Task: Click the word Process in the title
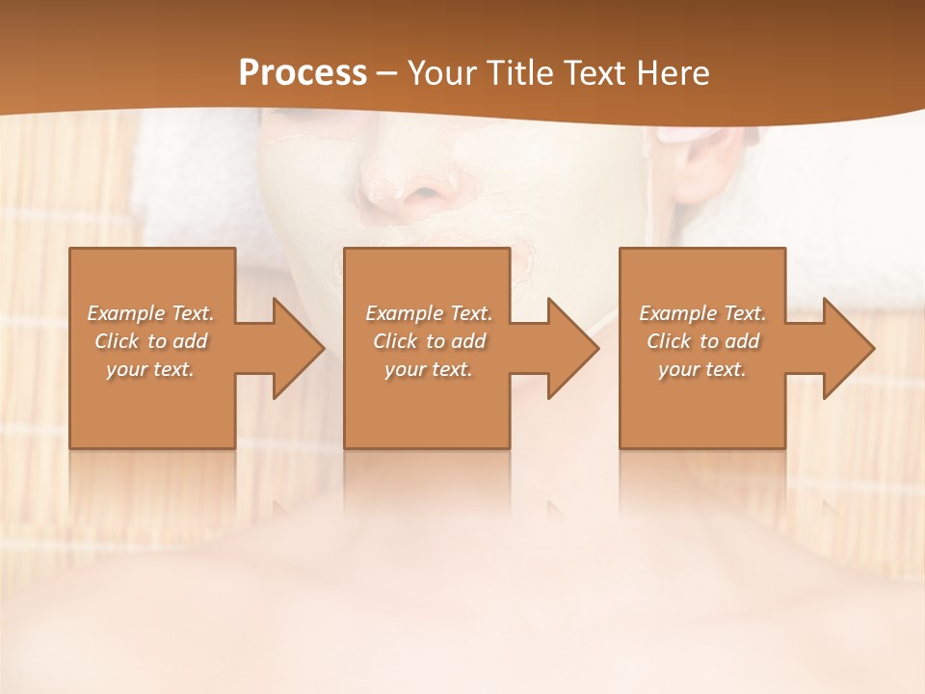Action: (x=303, y=73)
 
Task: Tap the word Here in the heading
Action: (x=675, y=73)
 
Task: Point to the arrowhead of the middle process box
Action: (x=571, y=348)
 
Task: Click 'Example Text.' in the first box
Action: (x=150, y=313)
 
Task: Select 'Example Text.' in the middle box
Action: (x=428, y=313)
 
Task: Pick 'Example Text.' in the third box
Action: (x=702, y=313)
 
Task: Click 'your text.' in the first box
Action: (x=150, y=369)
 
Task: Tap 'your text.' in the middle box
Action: (x=428, y=369)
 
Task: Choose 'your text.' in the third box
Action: (x=702, y=369)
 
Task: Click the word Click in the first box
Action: (x=116, y=341)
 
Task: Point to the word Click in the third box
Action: (x=669, y=341)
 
